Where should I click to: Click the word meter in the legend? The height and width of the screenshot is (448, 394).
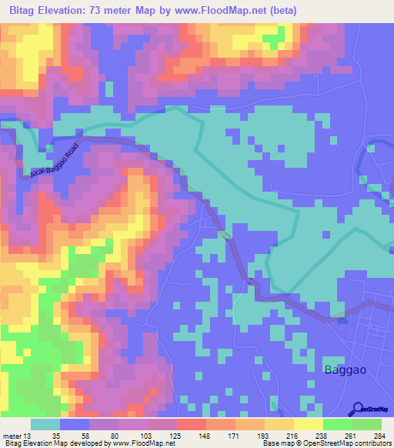(x=12, y=435)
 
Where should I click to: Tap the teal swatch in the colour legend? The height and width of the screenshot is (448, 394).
(x=45, y=424)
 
